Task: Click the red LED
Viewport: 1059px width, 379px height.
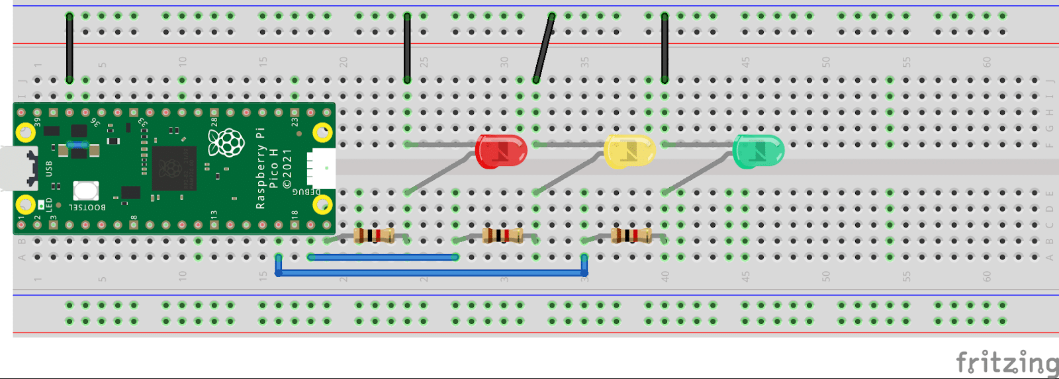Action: pos(502,151)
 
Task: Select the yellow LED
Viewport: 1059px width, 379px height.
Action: pos(629,151)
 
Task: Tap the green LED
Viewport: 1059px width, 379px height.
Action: pos(759,151)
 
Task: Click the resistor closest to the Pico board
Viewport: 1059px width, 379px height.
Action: pos(375,235)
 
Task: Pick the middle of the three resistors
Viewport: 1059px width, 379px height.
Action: pos(503,235)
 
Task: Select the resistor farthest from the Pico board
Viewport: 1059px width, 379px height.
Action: pos(631,235)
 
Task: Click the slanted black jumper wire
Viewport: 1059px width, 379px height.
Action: pos(543,48)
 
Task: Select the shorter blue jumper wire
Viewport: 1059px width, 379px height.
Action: pos(383,257)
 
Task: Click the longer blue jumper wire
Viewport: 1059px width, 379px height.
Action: pos(430,273)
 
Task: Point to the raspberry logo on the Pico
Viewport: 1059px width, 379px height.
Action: pos(226,142)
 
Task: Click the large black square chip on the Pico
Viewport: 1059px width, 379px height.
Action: pos(175,168)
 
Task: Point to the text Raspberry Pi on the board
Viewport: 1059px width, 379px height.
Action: pos(260,168)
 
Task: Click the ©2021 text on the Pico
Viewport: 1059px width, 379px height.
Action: pos(287,168)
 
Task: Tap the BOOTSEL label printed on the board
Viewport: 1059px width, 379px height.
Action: pos(87,207)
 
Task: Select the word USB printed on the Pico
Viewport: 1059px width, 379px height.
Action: pos(49,168)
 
